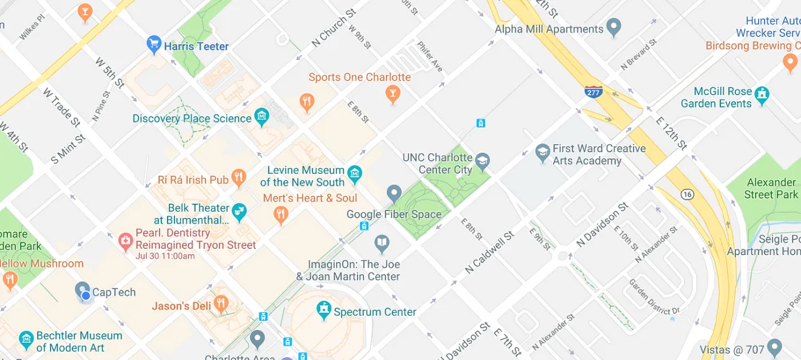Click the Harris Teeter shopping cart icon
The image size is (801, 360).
pyautogui.click(x=153, y=44)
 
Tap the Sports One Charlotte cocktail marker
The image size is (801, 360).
pyautogui.click(x=392, y=94)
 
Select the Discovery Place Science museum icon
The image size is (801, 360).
pyautogui.click(x=261, y=116)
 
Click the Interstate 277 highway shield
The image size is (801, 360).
pyautogui.click(x=593, y=92)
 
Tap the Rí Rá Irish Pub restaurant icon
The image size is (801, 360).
pyautogui.click(x=238, y=179)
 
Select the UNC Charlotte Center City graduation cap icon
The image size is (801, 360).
pyautogui.click(x=482, y=162)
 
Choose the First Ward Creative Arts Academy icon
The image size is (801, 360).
pyautogui.click(x=543, y=151)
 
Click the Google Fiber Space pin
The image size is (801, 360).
pyautogui.click(x=394, y=193)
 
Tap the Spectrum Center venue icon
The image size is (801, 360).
pyautogui.click(x=324, y=309)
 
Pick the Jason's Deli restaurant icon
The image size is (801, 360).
pyautogui.click(x=220, y=304)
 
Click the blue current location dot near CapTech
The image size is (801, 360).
pyautogui.click(x=86, y=297)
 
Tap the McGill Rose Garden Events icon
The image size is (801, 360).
pyautogui.click(x=762, y=95)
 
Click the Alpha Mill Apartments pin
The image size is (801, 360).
pyautogui.click(x=613, y=27)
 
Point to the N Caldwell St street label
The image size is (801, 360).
pyautogui.click(x=490, y=253)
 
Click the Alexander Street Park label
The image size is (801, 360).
pyautogui.click(x=771, y=188)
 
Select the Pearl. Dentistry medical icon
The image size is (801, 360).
pyautogui.click(x=126, y=240)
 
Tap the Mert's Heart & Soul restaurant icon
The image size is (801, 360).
pyautogui.click(x=281, y=215)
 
